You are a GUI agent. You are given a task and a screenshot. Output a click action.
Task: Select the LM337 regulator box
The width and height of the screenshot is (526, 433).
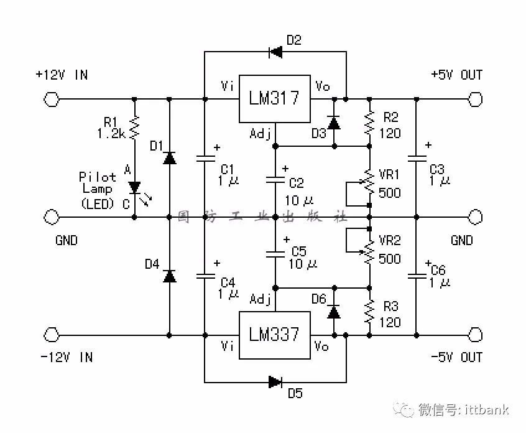click(x=274, y=335)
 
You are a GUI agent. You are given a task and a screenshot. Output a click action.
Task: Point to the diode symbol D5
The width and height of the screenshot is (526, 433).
click(x=275, y=381)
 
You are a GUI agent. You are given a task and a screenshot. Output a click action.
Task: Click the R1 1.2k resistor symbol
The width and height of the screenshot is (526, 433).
click(x=134, y=127)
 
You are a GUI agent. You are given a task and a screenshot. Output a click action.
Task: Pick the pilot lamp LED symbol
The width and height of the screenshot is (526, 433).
click(x=134, y=187)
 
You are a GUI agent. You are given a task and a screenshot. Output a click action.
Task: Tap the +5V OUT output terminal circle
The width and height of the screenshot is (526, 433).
click(x=475, y=99)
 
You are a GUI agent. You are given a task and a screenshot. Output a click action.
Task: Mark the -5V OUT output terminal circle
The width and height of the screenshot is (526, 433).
click(x=475, y=335)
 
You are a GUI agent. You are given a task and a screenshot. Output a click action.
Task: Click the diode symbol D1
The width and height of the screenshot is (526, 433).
click(x=169, y=158)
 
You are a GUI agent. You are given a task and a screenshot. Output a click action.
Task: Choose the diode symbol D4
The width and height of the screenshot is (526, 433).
click(x=169, y=276)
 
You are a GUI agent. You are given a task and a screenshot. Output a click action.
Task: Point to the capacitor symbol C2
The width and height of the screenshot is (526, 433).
click(x=274, y=180)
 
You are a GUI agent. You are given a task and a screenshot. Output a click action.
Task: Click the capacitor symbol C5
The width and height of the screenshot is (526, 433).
click(x=274, y=253)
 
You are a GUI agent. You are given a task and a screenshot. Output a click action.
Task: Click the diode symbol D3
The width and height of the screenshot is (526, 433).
click(x=334, y=123)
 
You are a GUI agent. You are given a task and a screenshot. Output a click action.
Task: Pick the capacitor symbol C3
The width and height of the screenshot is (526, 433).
click(x=416, y=158)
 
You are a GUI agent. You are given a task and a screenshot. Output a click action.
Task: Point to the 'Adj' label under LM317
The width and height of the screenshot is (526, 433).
click(x=260, y=133)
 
